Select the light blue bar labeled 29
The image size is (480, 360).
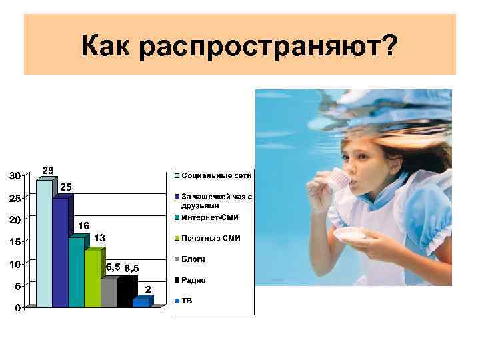[x=44, y=243]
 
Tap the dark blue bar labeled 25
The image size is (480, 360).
[x=60, y=252]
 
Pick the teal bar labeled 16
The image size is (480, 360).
[x=76, y=271]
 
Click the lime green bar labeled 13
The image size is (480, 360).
[x=92, y=278]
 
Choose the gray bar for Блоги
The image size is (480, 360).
[x=108, y=293]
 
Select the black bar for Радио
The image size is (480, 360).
[x=125, y=293]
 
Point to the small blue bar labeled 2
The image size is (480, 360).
[x=141, y=303]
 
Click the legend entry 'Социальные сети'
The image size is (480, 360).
[x=213, y=176]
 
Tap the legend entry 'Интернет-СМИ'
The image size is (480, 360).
[x=209, y=217]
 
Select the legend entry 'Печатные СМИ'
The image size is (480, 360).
[x=210, y=238]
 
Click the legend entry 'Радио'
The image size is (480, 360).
[x=193, y=280]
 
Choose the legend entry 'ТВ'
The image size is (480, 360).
[x=187, y=301]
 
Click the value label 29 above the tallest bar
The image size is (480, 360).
[x=49, y=170]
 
